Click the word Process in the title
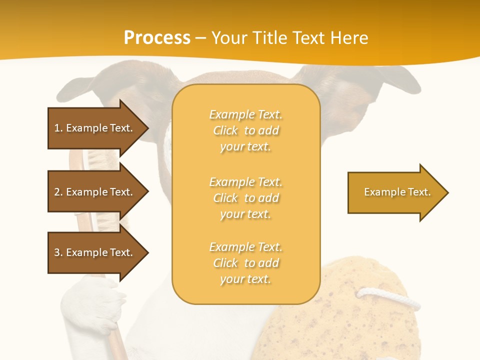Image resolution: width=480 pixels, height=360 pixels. [x=157, y=37]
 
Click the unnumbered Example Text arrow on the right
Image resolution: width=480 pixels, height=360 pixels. [x=397, y=192]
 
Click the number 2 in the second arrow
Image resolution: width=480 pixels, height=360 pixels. [x=57, y=192]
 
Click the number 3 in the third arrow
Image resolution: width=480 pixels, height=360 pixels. [x=57, y=252]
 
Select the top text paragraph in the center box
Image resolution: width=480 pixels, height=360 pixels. [x=245, y=130]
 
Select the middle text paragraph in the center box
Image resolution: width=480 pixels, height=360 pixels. [x=245, y=198]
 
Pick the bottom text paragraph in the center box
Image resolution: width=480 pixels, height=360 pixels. [x=245, y=263]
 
